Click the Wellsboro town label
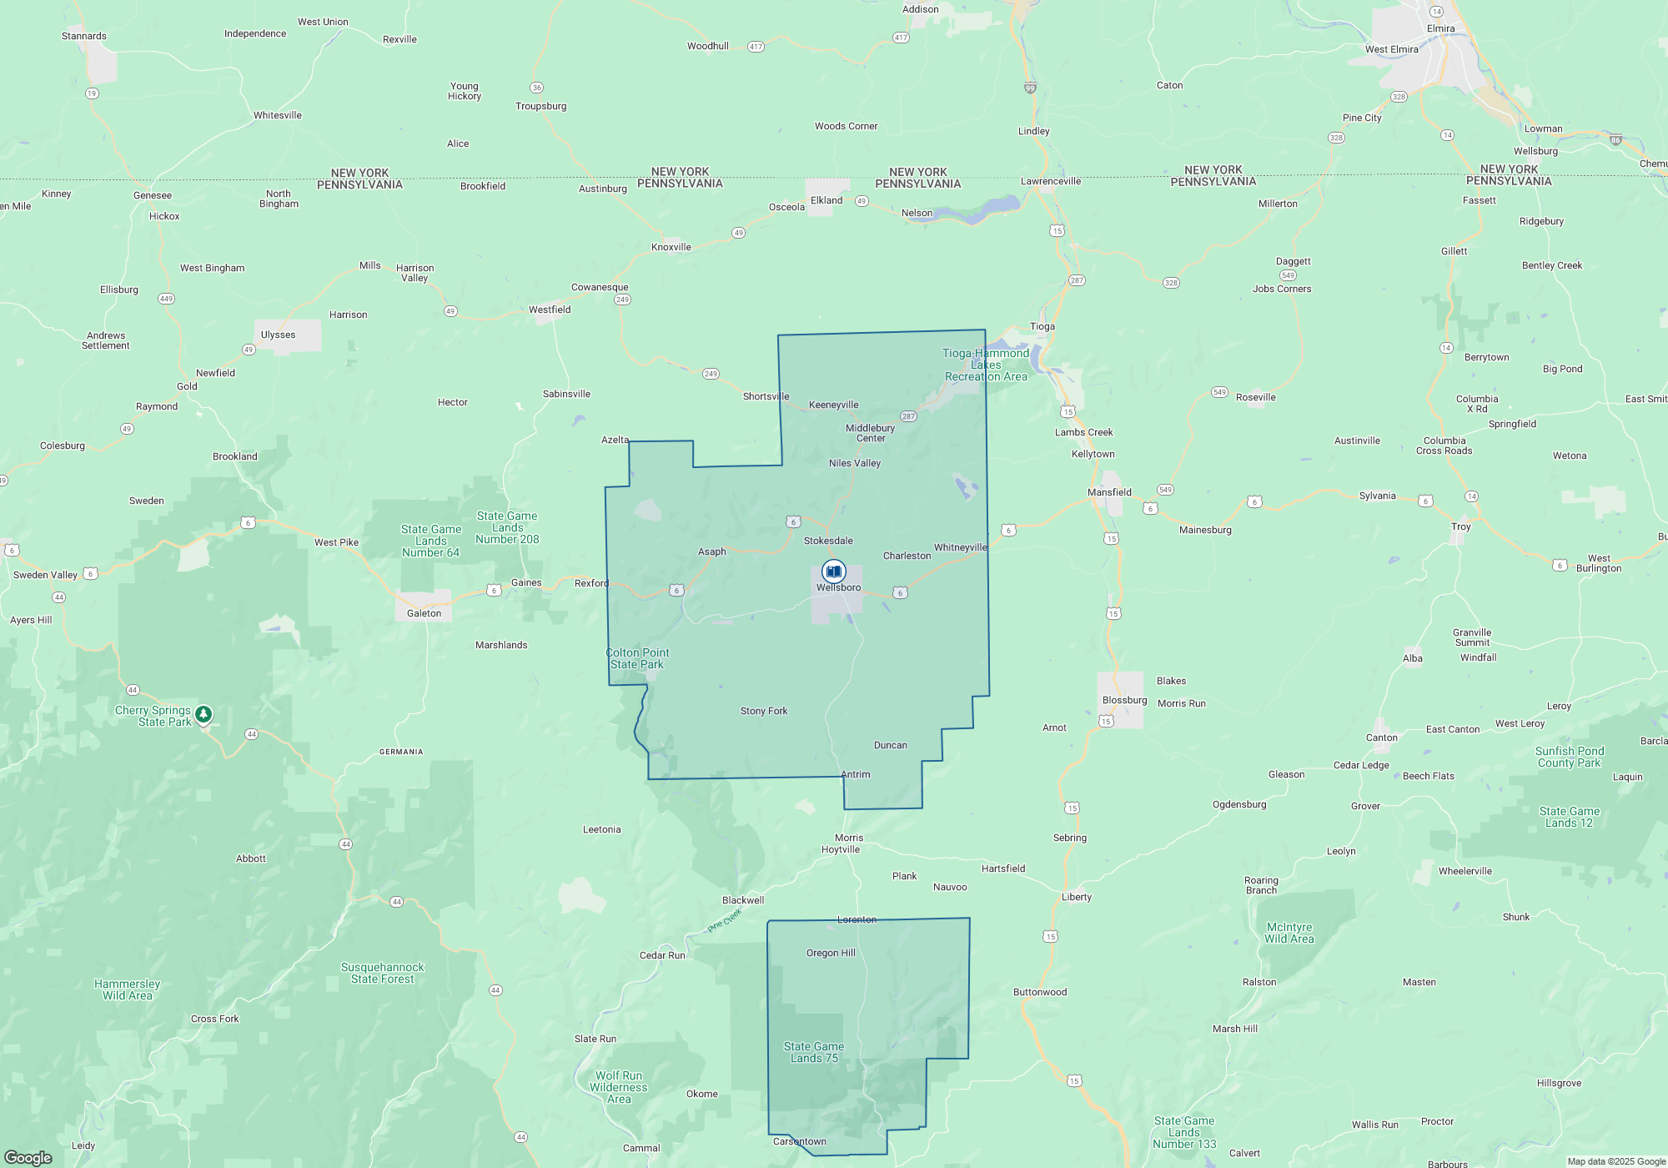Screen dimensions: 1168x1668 (838, 587)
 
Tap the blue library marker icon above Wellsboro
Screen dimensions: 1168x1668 (833, 571)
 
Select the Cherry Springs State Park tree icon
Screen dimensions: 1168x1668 (203, 714)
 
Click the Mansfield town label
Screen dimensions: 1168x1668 (1109, 492)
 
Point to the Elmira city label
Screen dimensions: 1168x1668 (1440, 28)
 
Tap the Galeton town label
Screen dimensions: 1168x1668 (424, 613)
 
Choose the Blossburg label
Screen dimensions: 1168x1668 (1124, 700)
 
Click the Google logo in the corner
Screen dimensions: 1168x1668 (28, 1158)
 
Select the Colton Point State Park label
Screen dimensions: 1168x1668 (637, 659)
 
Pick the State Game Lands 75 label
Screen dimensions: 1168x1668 (814, 1052)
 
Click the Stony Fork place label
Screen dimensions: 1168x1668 (764, 711)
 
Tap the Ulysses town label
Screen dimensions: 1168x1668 (278, 335)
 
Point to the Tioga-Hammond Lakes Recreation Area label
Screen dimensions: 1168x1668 (986, 365)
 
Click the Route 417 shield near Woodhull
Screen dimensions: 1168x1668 (756, 47)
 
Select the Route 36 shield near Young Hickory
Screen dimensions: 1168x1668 (537, 88)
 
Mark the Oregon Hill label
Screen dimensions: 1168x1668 (831, 953)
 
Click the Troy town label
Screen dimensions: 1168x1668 (1460, 526)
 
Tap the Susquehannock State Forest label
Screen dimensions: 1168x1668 (382, 973)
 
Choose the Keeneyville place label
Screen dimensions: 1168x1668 (833, 405)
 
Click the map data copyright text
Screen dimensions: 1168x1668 (1616, 1161)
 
